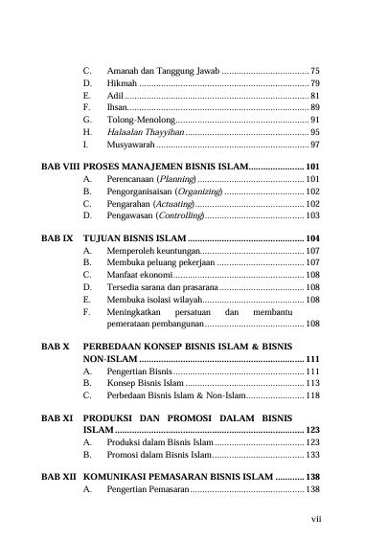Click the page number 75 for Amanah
(315, 72)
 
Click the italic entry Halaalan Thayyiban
(144, 132)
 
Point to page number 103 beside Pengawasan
(312, 216)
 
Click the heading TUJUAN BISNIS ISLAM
(133, 236)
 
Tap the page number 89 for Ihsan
(315, 108)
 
